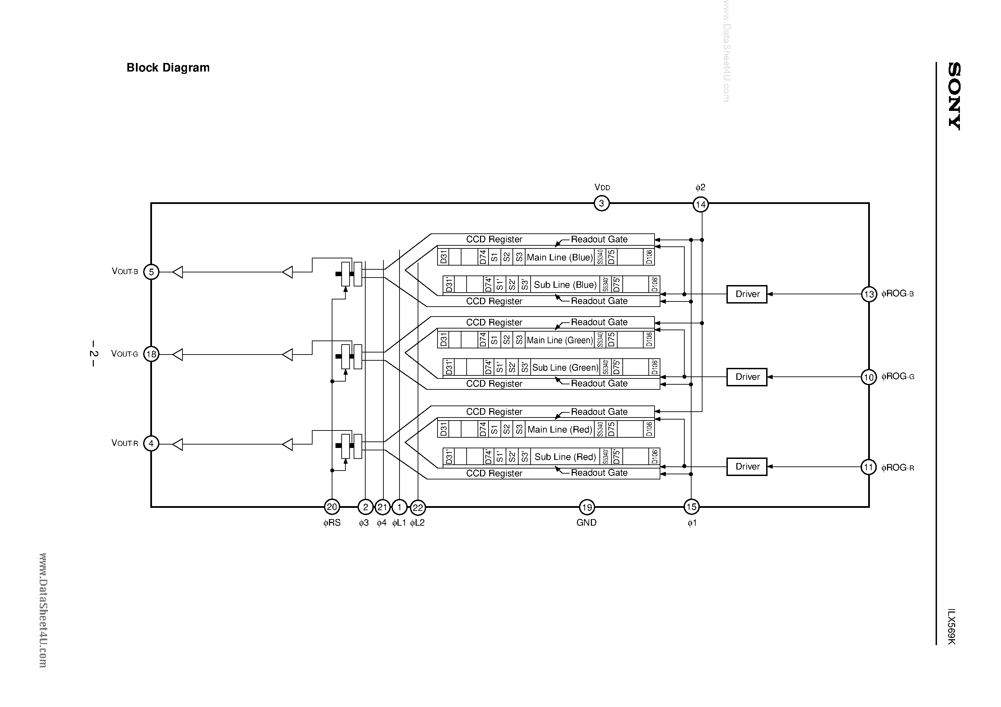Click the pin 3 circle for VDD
601,203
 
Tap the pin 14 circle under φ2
701,204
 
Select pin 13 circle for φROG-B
869,294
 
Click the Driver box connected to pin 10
747,377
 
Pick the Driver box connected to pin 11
747,467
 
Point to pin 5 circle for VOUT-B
151,272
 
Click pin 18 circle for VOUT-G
151,354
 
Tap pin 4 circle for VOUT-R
151,444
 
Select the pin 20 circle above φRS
332,507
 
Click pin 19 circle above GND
587,507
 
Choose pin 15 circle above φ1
692,507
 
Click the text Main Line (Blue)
560,258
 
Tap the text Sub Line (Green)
566,368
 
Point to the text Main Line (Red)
560,430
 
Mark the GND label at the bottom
586,523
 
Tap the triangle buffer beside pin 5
177,272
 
